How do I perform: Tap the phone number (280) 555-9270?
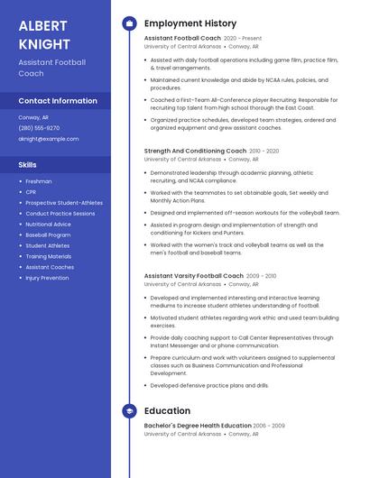[x=39, y=128]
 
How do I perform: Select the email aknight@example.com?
[x=49, y=139]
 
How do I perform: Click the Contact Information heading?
[x=58, y=101]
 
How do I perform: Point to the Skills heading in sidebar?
[x=28, y=165]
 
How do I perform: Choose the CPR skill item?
[x=32, y=192]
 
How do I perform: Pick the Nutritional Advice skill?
[x=48, y=224]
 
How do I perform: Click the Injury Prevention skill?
[x=47, y=278]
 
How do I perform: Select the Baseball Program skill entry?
[x=48, y=234]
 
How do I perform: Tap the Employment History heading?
[x=190, y=23]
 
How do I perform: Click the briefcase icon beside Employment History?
[x=129, y=23]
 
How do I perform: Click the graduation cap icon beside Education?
[x=129, y=411]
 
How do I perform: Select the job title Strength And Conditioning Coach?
[x=195, y=151]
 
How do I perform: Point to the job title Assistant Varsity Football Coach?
[x=193, y=275]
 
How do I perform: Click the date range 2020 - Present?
[x=243, y=38]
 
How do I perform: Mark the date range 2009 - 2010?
[x=262, y=275]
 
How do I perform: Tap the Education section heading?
[x=167, y=411]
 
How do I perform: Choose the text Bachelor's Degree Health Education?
[x=197, y=425]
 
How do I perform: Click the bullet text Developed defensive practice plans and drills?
[x=209, y=385]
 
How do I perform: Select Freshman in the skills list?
[x=39, y=181]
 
